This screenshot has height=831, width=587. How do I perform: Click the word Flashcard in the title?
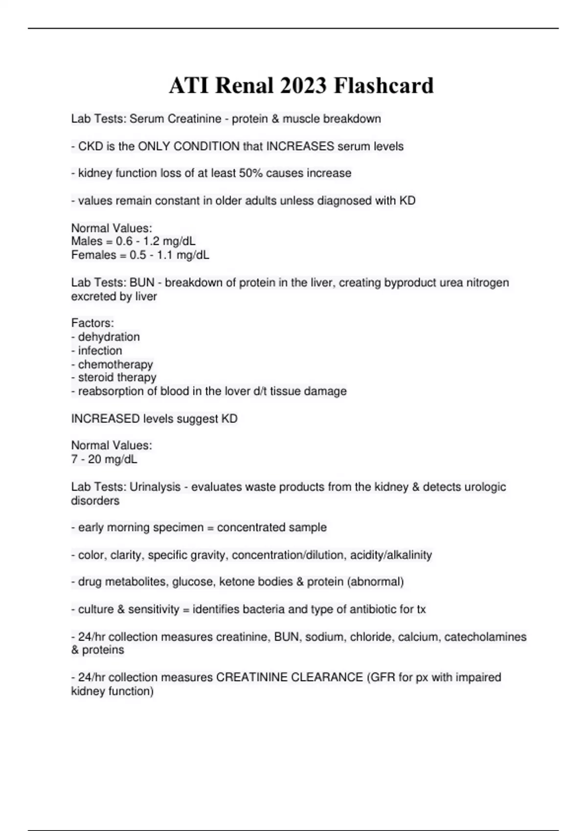[384, 86]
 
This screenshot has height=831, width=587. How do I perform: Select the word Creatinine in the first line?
[194, 119]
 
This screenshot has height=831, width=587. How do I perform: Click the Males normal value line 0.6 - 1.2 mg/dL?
[134, 241]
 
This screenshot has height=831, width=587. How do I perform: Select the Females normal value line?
[140, 255]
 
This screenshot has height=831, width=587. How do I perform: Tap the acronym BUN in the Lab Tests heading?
[142, 283]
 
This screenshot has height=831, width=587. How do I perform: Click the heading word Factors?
[92, 323]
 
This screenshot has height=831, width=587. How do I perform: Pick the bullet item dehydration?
[109, 337]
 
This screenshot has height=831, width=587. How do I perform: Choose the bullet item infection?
[100, 350]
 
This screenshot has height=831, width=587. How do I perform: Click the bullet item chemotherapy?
[115, 364]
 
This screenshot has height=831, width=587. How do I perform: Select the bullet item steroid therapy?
[117, 377]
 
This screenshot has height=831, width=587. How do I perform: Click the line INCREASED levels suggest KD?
[154, 419]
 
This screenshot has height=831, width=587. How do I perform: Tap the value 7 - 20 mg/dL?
[104, 459]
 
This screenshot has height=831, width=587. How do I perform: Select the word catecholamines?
[485, 637]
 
